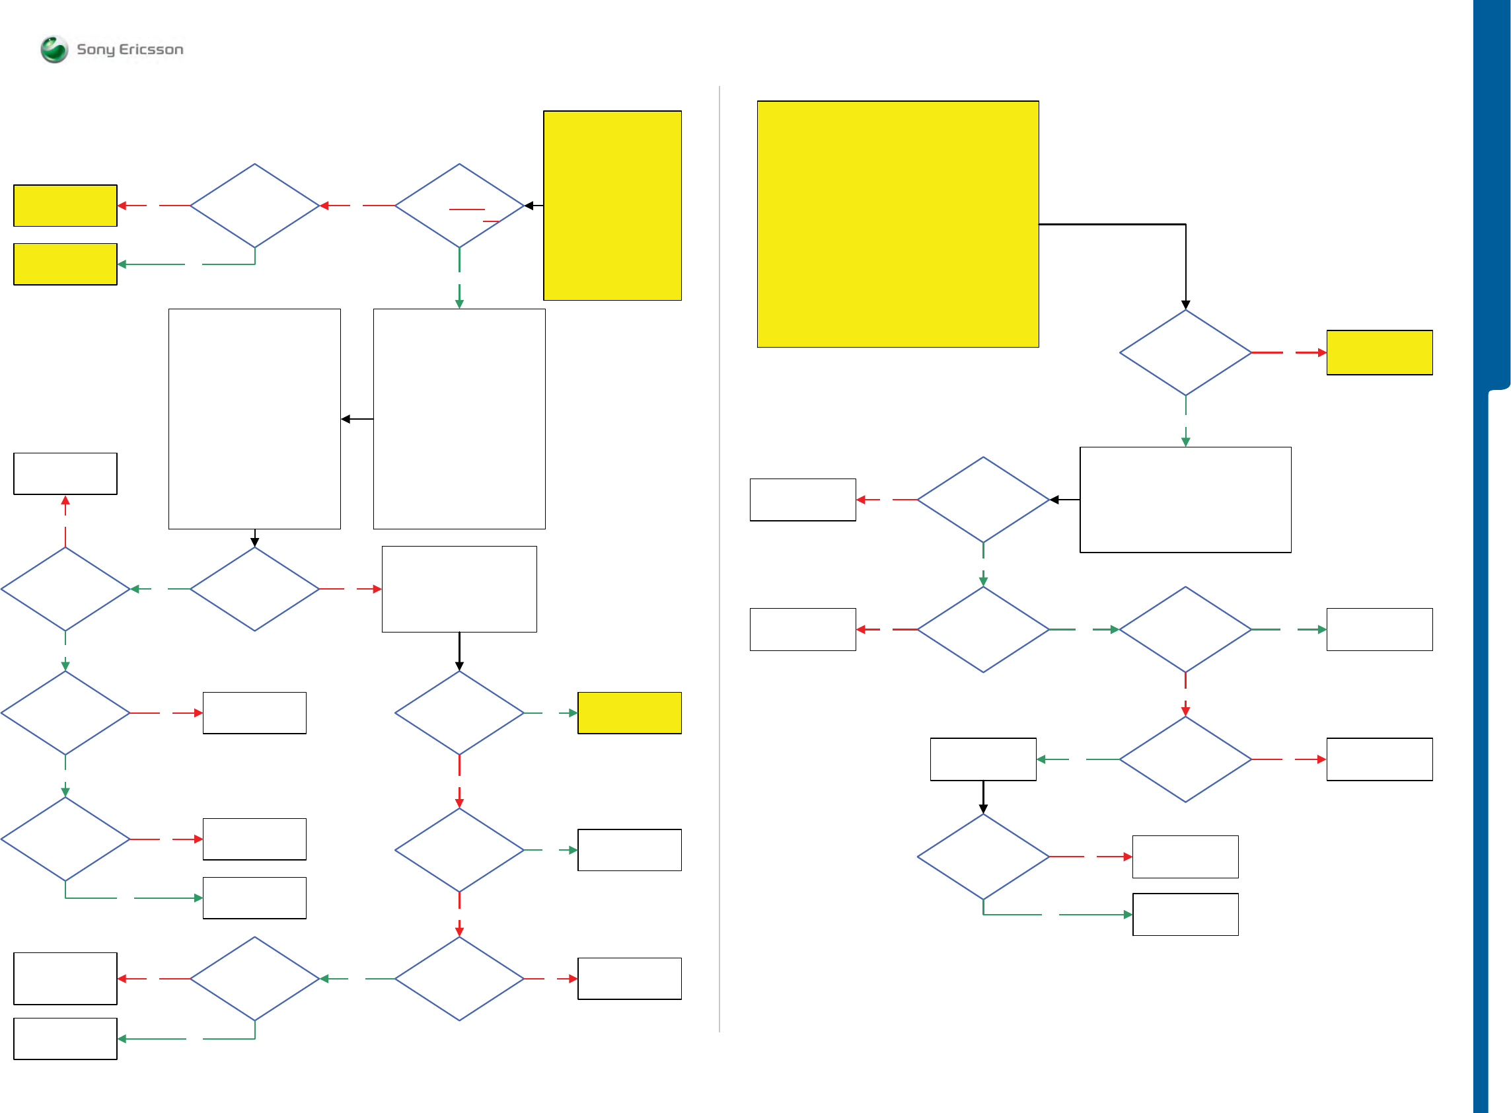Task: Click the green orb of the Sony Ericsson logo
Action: (x=54, y=49)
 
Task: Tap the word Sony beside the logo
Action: (x=95, y=49)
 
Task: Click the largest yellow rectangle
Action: (x=897, y=223)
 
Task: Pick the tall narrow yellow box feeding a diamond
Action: (x=611, y=205)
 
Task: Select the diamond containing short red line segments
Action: (x=459, y=205)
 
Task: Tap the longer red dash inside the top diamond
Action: (x=466, y=210)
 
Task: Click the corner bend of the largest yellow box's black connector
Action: (x=1185, y=224)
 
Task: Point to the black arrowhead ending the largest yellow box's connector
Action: (x=1185, y=305)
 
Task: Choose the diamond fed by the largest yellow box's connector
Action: (x=1185, y=352)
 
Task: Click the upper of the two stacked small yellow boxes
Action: (x=65, y=205)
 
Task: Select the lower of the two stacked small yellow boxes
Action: (x=65, y=264)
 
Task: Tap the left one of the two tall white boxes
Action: (x=254, y=418)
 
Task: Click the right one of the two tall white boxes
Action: (x=459, y=418)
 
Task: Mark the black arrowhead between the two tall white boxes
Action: (x=346, y=419)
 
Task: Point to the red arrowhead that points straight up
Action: (x=65, y=500)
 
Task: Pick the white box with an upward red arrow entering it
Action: (x=65, y=473)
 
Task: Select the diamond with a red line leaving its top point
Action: (x=65, y=588)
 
